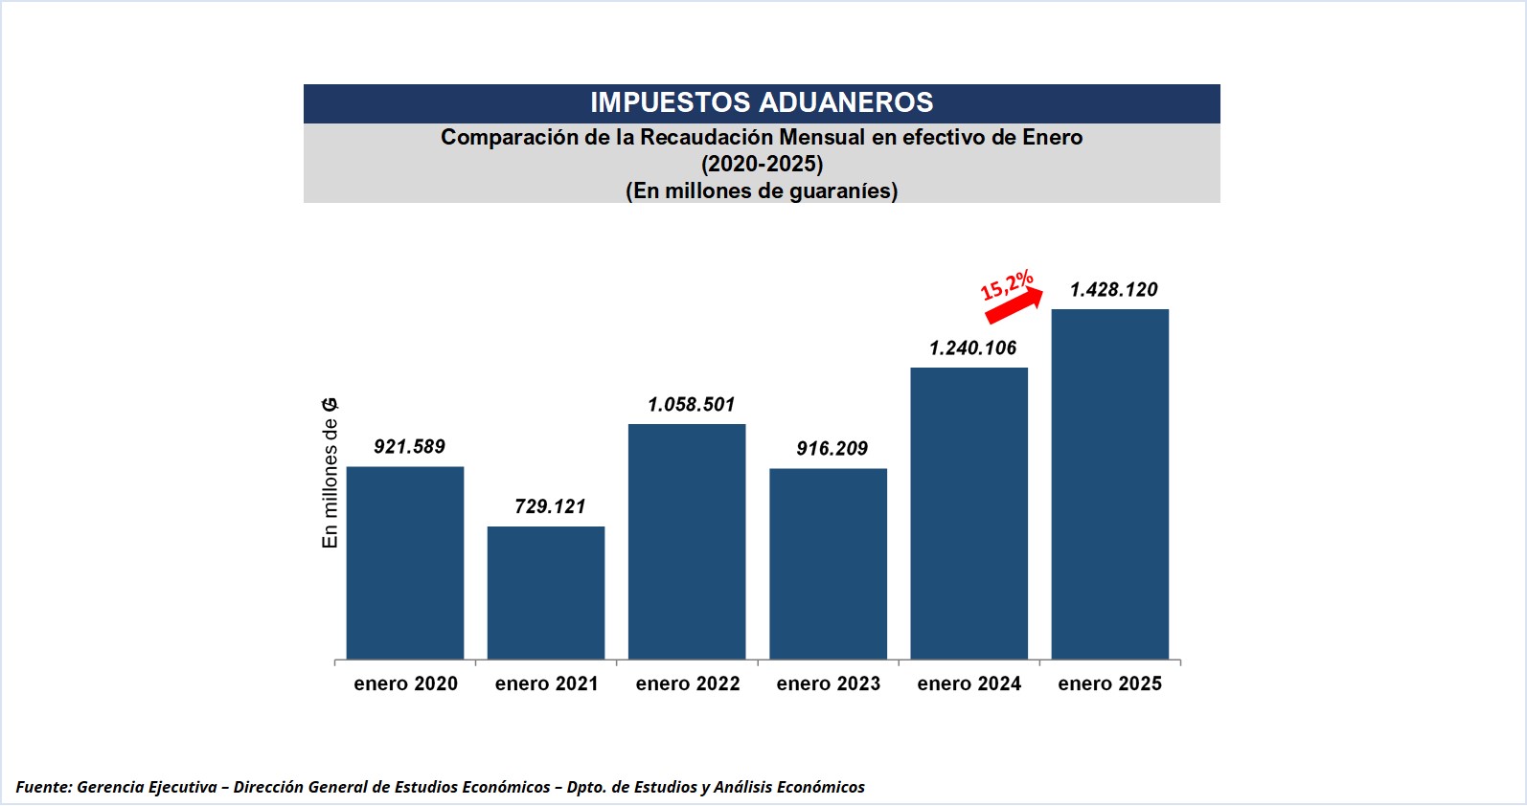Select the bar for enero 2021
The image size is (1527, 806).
click(x=546, y=593)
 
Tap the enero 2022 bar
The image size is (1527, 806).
click(x=687, y=542)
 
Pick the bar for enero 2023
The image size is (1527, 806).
click(x=828, y=564)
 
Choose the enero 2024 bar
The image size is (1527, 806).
click(x=969, y=513)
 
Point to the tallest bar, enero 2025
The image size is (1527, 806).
click(x=1109, y=483)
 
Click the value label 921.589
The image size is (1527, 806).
click(x=409, y=447)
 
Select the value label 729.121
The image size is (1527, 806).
click(x=550, y=506)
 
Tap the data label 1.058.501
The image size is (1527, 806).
click(x=691, y=405)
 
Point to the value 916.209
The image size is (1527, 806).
click(x=832, y=449)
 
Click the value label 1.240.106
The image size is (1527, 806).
click(x=972, y=348)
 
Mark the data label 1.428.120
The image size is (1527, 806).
click(x=1113, y=290)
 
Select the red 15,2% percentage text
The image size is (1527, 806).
click(x=1006, y=285)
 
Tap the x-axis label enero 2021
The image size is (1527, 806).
click(x=546, y=683)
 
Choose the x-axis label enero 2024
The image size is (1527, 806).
click(x=969, y=683)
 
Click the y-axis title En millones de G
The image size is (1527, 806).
click(x=330, y=474)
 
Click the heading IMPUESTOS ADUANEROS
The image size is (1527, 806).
click(x=762, y=102)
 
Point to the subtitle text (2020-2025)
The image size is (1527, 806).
click(x=762, y=164)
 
